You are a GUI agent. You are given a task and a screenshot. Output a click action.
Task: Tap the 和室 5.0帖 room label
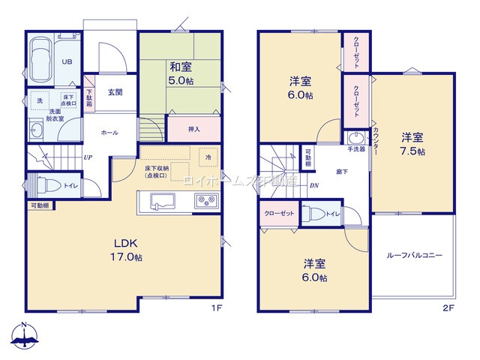[182, 72]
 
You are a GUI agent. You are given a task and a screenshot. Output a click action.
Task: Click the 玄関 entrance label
[115, 92]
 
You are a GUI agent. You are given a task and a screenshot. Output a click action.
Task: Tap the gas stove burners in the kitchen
[205, 201]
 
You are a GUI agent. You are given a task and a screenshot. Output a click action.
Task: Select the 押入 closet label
[194, 129]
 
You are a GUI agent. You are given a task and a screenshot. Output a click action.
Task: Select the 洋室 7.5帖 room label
[412, 143]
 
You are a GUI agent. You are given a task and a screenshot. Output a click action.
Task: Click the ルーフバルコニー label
[414, 256]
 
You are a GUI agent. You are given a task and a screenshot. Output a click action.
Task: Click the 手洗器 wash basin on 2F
[354, 140]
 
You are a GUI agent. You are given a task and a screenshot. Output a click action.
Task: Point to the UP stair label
[88, 157]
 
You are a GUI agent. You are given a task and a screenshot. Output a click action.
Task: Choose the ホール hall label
[110, 132]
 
